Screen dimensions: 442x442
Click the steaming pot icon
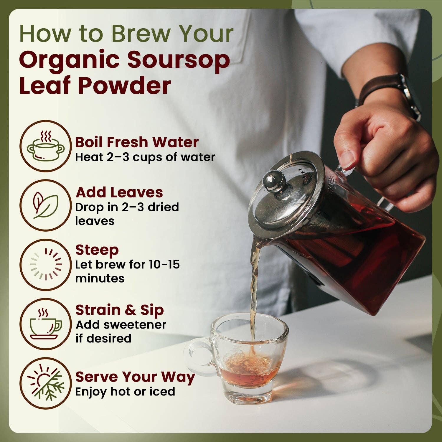pos(46,146)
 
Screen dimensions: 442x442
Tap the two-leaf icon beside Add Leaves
pos(46,205)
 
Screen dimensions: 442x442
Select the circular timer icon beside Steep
pos(46,265)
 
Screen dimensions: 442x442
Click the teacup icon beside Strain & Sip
pos(46,324)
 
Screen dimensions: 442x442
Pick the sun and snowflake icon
pos(46,383)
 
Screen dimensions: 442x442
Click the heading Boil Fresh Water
pos(137,142)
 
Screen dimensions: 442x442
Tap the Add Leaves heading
pos(119,192)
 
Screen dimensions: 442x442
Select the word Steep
pos(97,250)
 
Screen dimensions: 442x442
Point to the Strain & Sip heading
pos(119,310)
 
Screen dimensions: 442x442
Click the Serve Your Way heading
pos(135,377)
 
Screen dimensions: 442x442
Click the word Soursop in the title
pos(178,60)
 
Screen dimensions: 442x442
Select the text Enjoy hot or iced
pos(125,392)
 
